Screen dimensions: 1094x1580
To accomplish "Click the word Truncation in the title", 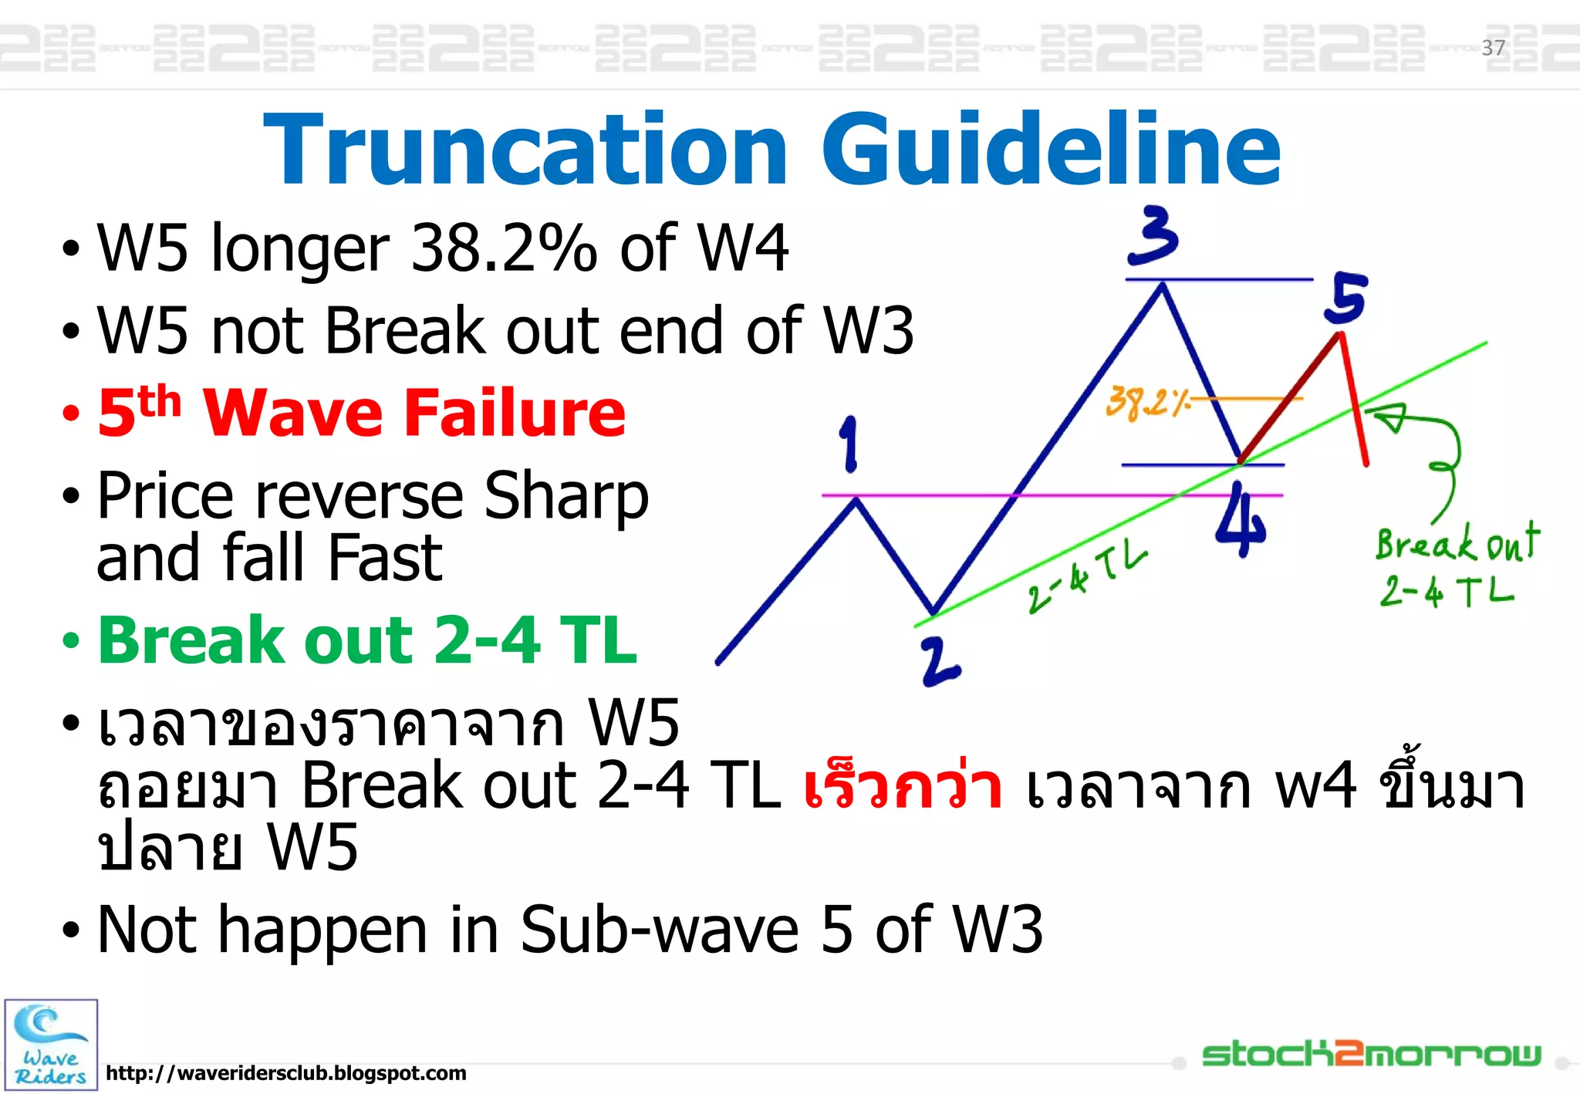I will [525, 150].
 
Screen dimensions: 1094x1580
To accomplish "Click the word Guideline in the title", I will [1051, 150].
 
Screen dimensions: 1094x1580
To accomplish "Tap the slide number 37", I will [1493, 48].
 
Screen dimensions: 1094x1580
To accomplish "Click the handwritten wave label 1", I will [849, 444].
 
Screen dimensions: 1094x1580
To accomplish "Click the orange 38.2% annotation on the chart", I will [1147, 403].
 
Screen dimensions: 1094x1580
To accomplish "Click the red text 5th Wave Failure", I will [361, 413].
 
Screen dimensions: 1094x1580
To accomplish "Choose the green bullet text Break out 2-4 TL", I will [367, 640].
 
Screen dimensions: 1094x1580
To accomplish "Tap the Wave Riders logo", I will [51, 1045].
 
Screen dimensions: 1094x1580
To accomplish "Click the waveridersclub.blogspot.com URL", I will [285, 1073].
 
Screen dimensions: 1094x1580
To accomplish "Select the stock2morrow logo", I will [1371, 1054].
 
